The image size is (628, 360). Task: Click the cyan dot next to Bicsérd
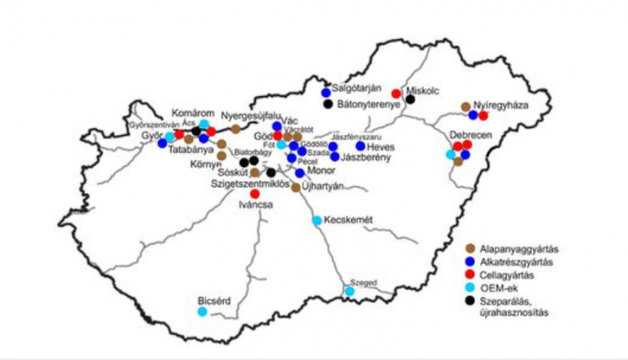tap(202, 312)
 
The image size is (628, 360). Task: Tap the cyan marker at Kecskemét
tap(317, 220)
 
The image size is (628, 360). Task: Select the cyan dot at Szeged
tap(350, 292)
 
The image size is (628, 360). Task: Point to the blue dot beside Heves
tap(360, 146)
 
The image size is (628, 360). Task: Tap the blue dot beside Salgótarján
tap(326, 92)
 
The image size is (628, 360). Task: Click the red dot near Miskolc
tap(397, 93)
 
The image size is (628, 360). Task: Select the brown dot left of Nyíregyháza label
tap(466, 106)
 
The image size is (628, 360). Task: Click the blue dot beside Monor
tap(300, 173)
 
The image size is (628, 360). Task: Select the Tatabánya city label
tap(192, 148)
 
